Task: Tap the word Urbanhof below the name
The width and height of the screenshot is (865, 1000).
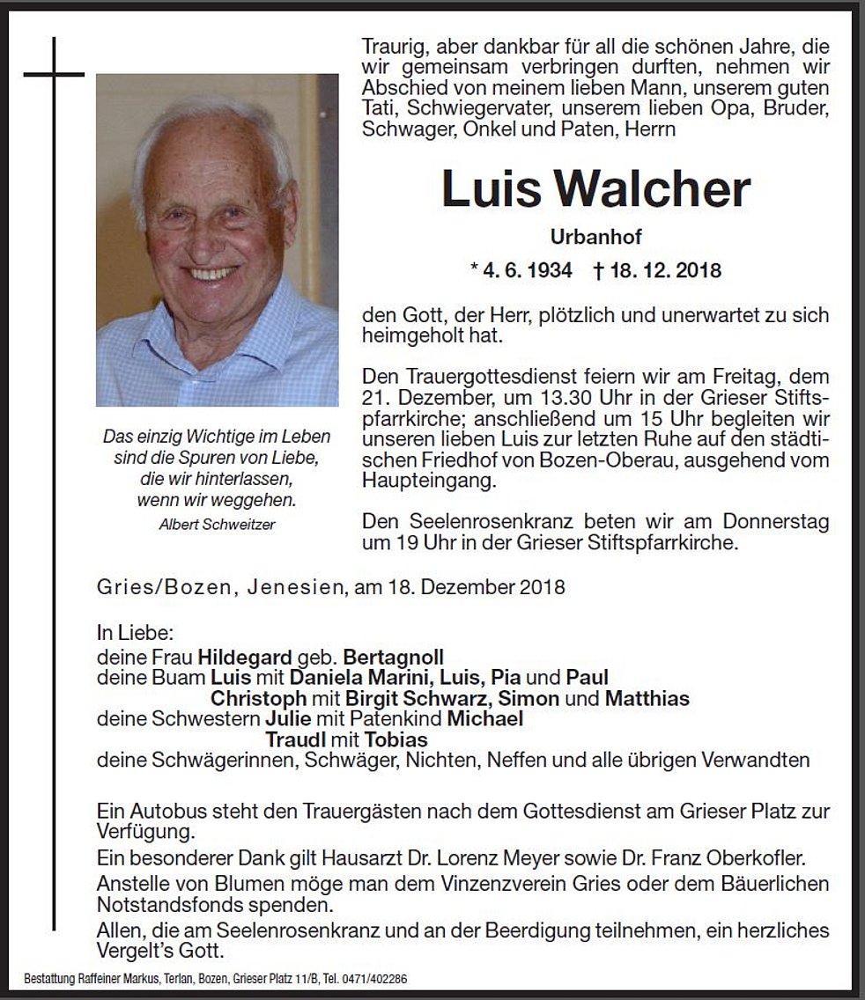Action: (x=595, y=237)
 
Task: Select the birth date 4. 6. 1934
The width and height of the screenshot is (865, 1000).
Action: (x=521, y=269)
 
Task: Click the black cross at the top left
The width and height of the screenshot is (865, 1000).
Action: (x=54, y=76)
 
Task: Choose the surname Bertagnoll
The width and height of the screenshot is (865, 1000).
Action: (x=394, y=657)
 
